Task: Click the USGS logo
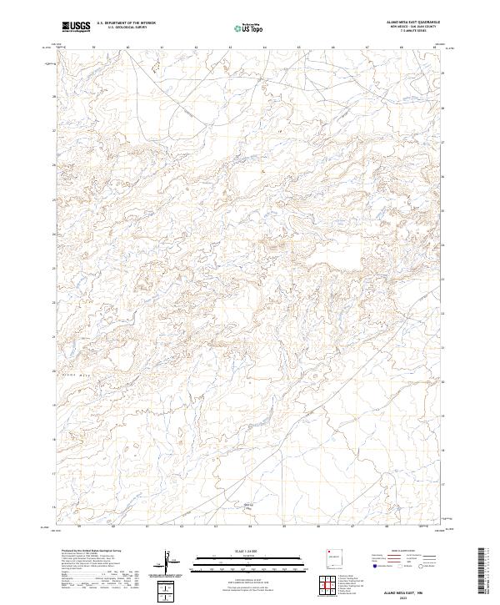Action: point(77,27)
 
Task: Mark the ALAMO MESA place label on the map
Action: point(80,376)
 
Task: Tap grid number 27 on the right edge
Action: point(443,143)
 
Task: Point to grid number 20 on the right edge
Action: point(443,383)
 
